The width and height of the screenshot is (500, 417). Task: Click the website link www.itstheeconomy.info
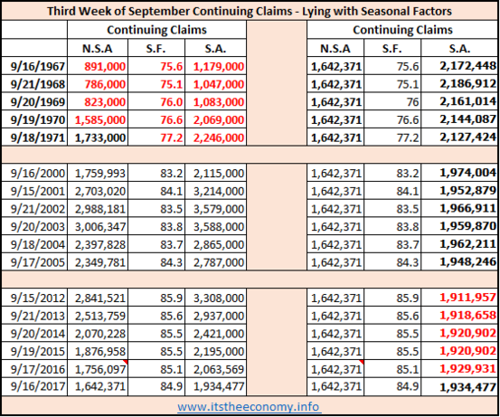[x=249, y=407]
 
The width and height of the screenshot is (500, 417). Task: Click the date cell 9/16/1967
[x=38, y=66]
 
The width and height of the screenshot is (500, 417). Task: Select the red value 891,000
[x=105, y=66]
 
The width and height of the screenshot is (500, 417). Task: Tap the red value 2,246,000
[x=219, y=137]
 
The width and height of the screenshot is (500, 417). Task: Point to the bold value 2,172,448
[x=467, y=66]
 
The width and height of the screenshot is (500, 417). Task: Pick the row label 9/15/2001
[x=38, y=191]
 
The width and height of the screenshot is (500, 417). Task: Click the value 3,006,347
[x=100, y=227]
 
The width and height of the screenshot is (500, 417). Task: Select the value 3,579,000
[x=219, y=209]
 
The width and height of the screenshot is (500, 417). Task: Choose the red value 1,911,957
[x=467, y=298]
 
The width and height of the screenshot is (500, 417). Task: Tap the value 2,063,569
[x=219, y=369]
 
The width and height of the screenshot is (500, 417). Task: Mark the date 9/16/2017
[x=38, y=386]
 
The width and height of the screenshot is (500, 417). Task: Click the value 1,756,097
[x=100, y=369]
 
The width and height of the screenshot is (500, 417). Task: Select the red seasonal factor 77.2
[x=172, y=137]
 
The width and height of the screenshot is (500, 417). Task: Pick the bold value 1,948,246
[x=467, y=261]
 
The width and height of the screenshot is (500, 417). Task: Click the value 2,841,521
[x=100, y=298]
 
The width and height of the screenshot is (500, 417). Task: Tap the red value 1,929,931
[x=467, y=368]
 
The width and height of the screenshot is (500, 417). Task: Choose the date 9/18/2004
[x=38, y=245]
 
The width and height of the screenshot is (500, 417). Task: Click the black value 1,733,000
[x=100, y=137]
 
